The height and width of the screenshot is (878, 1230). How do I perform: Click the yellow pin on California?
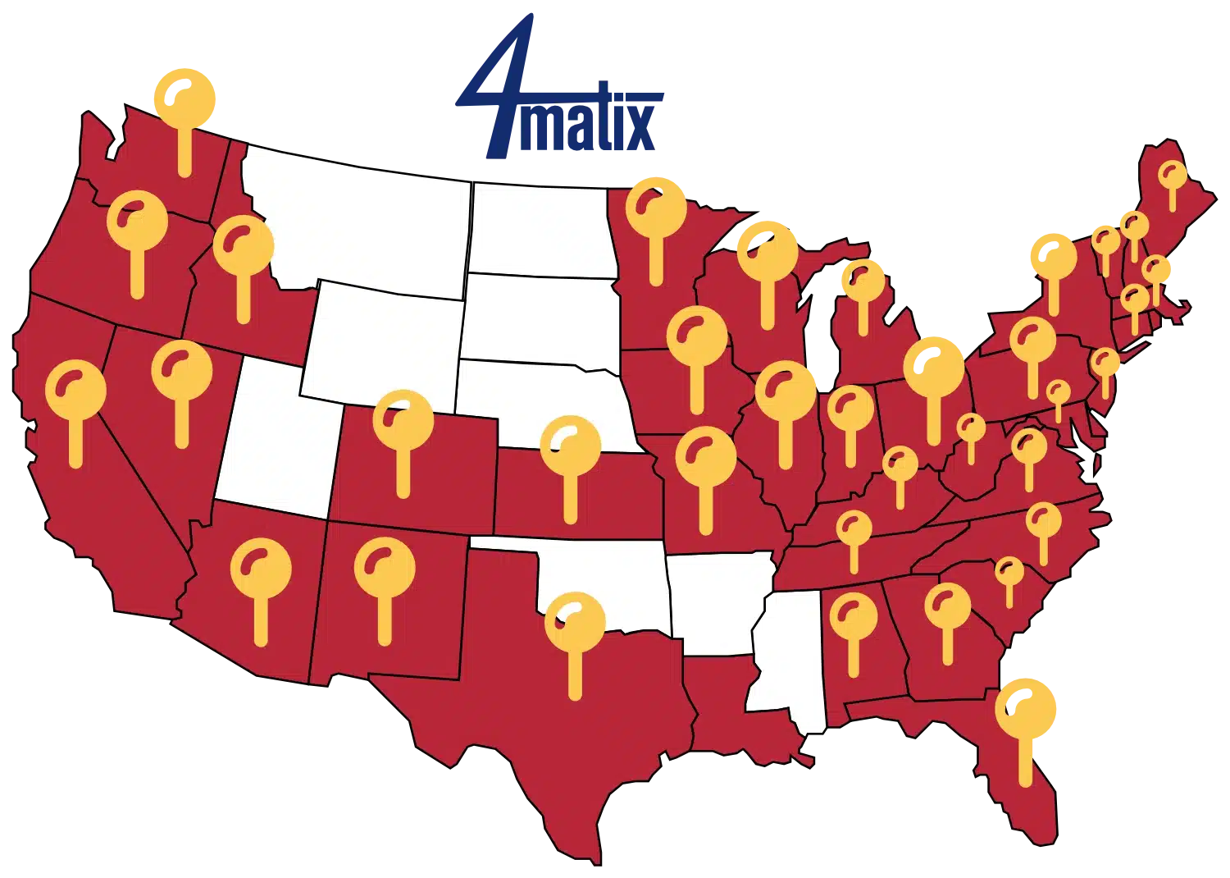pos(75,391)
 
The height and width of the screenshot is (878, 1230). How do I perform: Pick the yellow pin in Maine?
pos(1172,175)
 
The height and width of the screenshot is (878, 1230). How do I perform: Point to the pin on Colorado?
pos(403,420)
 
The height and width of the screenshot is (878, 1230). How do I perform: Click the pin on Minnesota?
pos(656,208)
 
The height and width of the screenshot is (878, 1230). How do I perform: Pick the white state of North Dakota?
pos(541,230)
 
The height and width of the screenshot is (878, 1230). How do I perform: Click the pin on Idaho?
pos(243,246)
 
